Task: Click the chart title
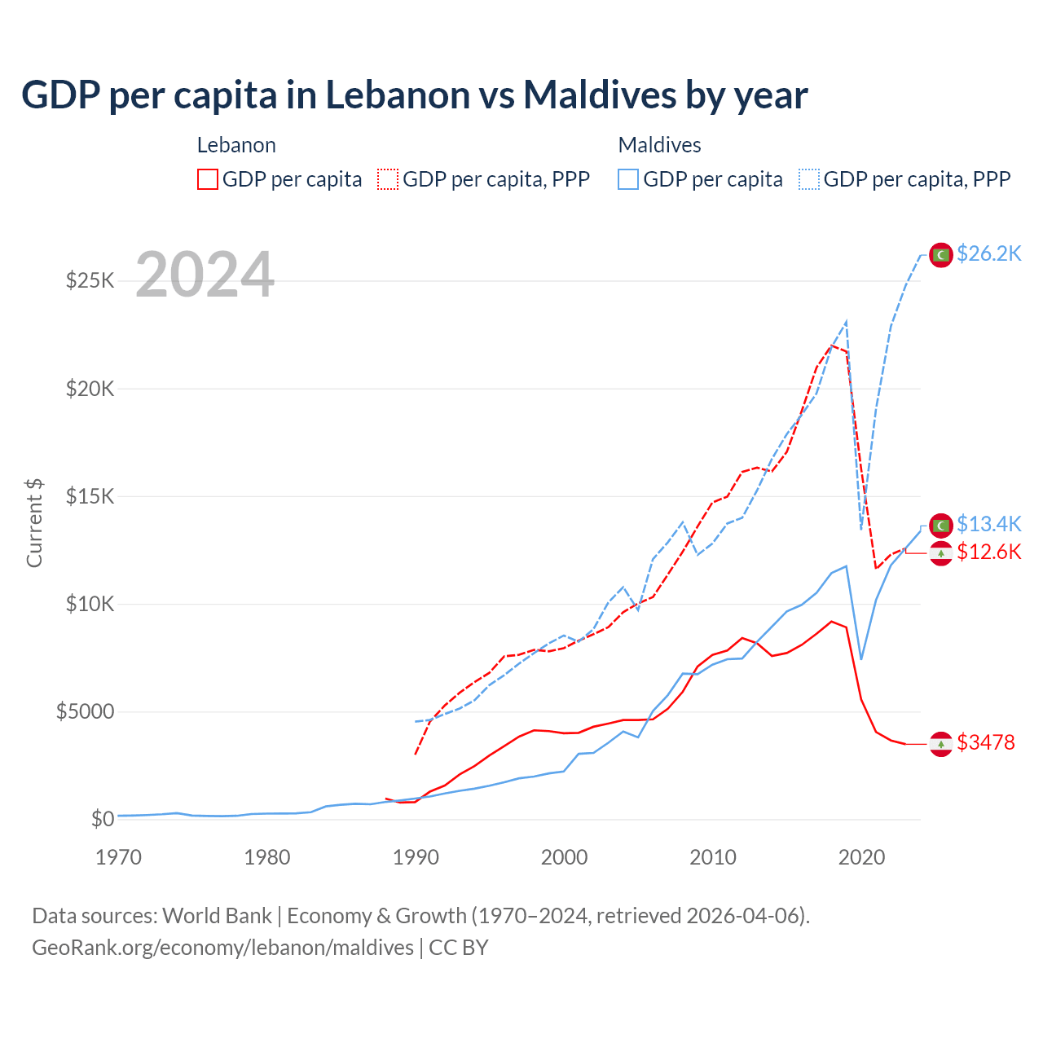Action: (x=415, y=95)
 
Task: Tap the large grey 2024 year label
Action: (x=205, y=275)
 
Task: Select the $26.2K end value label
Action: (x=988, y=253)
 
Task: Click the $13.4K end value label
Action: (x=988, y=524)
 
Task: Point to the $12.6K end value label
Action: (x=988, y=552)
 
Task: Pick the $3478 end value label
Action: (x=985, y=742)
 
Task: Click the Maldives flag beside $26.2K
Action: (x=941, y=255)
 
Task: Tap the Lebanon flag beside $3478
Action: (x=941, y=744)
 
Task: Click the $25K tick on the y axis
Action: (x=90, y=281)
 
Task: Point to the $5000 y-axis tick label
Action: (x=85, y=712)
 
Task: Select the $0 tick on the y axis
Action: (x=102, y=819)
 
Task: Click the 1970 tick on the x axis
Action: (x=119, y=857)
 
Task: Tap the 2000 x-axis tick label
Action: (x=565, y=857)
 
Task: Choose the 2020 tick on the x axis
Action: (x=861, y=857)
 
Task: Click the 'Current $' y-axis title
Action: (x=34, y=523)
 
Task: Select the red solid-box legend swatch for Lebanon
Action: (x=208, y=179)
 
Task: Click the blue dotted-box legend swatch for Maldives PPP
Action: (x=809, y=179)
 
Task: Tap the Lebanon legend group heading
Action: (x=236, y=145)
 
